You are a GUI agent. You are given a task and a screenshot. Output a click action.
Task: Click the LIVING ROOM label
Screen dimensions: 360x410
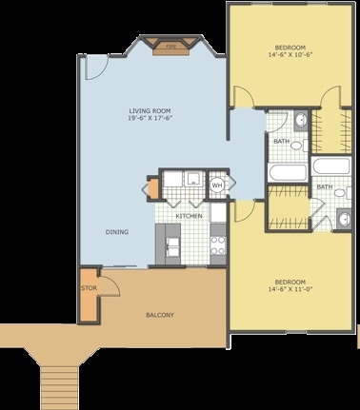pos(150,111)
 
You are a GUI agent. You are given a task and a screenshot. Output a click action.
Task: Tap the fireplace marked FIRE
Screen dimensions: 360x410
pos(171,47)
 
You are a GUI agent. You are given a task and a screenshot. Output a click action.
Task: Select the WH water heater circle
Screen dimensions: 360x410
pos(217,185)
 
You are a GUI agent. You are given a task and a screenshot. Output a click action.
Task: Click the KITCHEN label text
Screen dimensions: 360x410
pos(190,216)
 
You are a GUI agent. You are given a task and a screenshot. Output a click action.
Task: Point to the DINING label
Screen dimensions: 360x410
pos(117,232)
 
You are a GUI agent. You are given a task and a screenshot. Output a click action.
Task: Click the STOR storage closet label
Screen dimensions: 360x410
pos(89,288)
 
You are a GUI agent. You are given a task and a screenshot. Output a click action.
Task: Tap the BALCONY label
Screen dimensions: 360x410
pos(160,315)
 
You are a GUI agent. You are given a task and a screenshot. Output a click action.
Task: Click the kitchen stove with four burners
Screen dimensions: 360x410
pos(218,245)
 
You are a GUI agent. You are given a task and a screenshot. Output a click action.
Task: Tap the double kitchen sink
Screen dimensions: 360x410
pos(173,246)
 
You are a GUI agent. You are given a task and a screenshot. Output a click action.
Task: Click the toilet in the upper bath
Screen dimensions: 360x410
pos(299,146)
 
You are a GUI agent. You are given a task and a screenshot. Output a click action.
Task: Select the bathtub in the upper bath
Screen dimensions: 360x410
pos(288,172)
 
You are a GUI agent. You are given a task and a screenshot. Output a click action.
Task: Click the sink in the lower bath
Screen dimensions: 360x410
pos(344,218)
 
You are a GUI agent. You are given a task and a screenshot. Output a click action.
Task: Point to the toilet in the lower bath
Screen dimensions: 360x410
pos(343,192)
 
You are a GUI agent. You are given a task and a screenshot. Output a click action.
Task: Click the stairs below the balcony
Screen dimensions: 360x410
pos(59,387)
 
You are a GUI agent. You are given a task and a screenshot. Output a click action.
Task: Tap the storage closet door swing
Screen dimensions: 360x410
pos(110,285)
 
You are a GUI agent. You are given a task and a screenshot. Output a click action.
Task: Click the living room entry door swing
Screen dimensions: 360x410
pos(96,68)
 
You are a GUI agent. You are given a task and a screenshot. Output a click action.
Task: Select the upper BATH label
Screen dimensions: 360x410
pos(282,141)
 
